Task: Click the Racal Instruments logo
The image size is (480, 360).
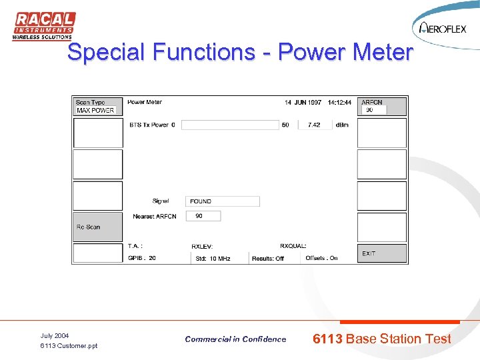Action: [43, 27]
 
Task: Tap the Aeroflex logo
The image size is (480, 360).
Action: [443, 28]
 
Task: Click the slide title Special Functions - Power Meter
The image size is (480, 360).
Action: [240, 52]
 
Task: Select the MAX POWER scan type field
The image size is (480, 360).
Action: [96, 111]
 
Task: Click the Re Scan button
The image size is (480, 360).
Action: [97, 227]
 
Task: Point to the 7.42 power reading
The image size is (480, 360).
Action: [314, 125]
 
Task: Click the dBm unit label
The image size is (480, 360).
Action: [342, 125]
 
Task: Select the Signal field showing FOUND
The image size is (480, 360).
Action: [222, 201]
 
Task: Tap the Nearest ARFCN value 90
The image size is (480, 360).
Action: [203, 216]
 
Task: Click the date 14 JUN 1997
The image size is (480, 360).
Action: [303, 103]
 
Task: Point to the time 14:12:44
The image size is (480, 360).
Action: [339, 103]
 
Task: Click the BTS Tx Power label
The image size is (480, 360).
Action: [152, 125]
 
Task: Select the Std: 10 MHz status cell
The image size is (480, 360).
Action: [213, 259]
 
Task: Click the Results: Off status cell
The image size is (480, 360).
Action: [268, 259]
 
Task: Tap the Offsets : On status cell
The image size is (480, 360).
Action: [321, 258]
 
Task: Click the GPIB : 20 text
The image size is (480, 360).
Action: [143, 258]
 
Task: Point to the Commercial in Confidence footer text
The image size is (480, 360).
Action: [235, 339]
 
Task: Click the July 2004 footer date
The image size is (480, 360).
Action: [55, 335]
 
